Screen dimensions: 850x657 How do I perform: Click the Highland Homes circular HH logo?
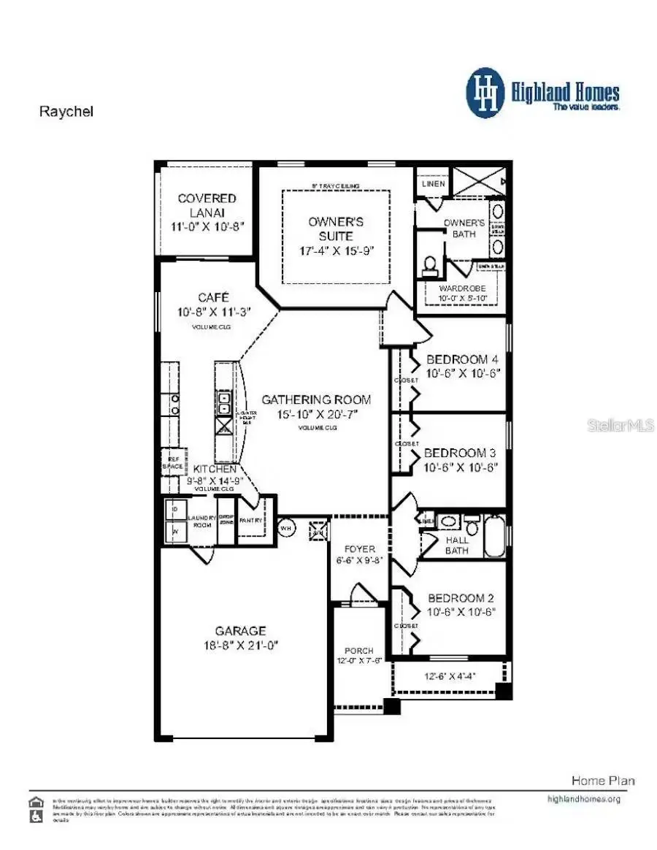click(x=485, y=93)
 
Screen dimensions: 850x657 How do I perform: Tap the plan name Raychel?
click(x=66, y=112)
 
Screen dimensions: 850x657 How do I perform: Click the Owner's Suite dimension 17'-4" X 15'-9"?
click(x=336, y=250)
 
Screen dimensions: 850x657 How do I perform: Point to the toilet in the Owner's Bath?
click(x=430, y=264)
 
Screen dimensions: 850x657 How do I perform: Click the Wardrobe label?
click(x=462, y=288)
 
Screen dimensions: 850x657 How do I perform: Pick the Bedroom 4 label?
click(x=462, y=359)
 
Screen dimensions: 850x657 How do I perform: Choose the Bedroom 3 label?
click(x=461, y=453)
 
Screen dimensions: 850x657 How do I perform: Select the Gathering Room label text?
click(x=316, y=399)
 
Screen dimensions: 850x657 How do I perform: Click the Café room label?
click(x=214, y=297)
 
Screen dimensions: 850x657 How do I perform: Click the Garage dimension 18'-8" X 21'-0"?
click(x=240, y=646)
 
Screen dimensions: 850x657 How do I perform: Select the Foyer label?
click(x=361, y=548)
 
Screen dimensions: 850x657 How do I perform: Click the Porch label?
click(x=359, y=650)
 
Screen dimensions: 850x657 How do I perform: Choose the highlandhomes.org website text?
click(x=583, y=799)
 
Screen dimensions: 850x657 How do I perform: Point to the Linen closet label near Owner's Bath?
click(x=433, y=184)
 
